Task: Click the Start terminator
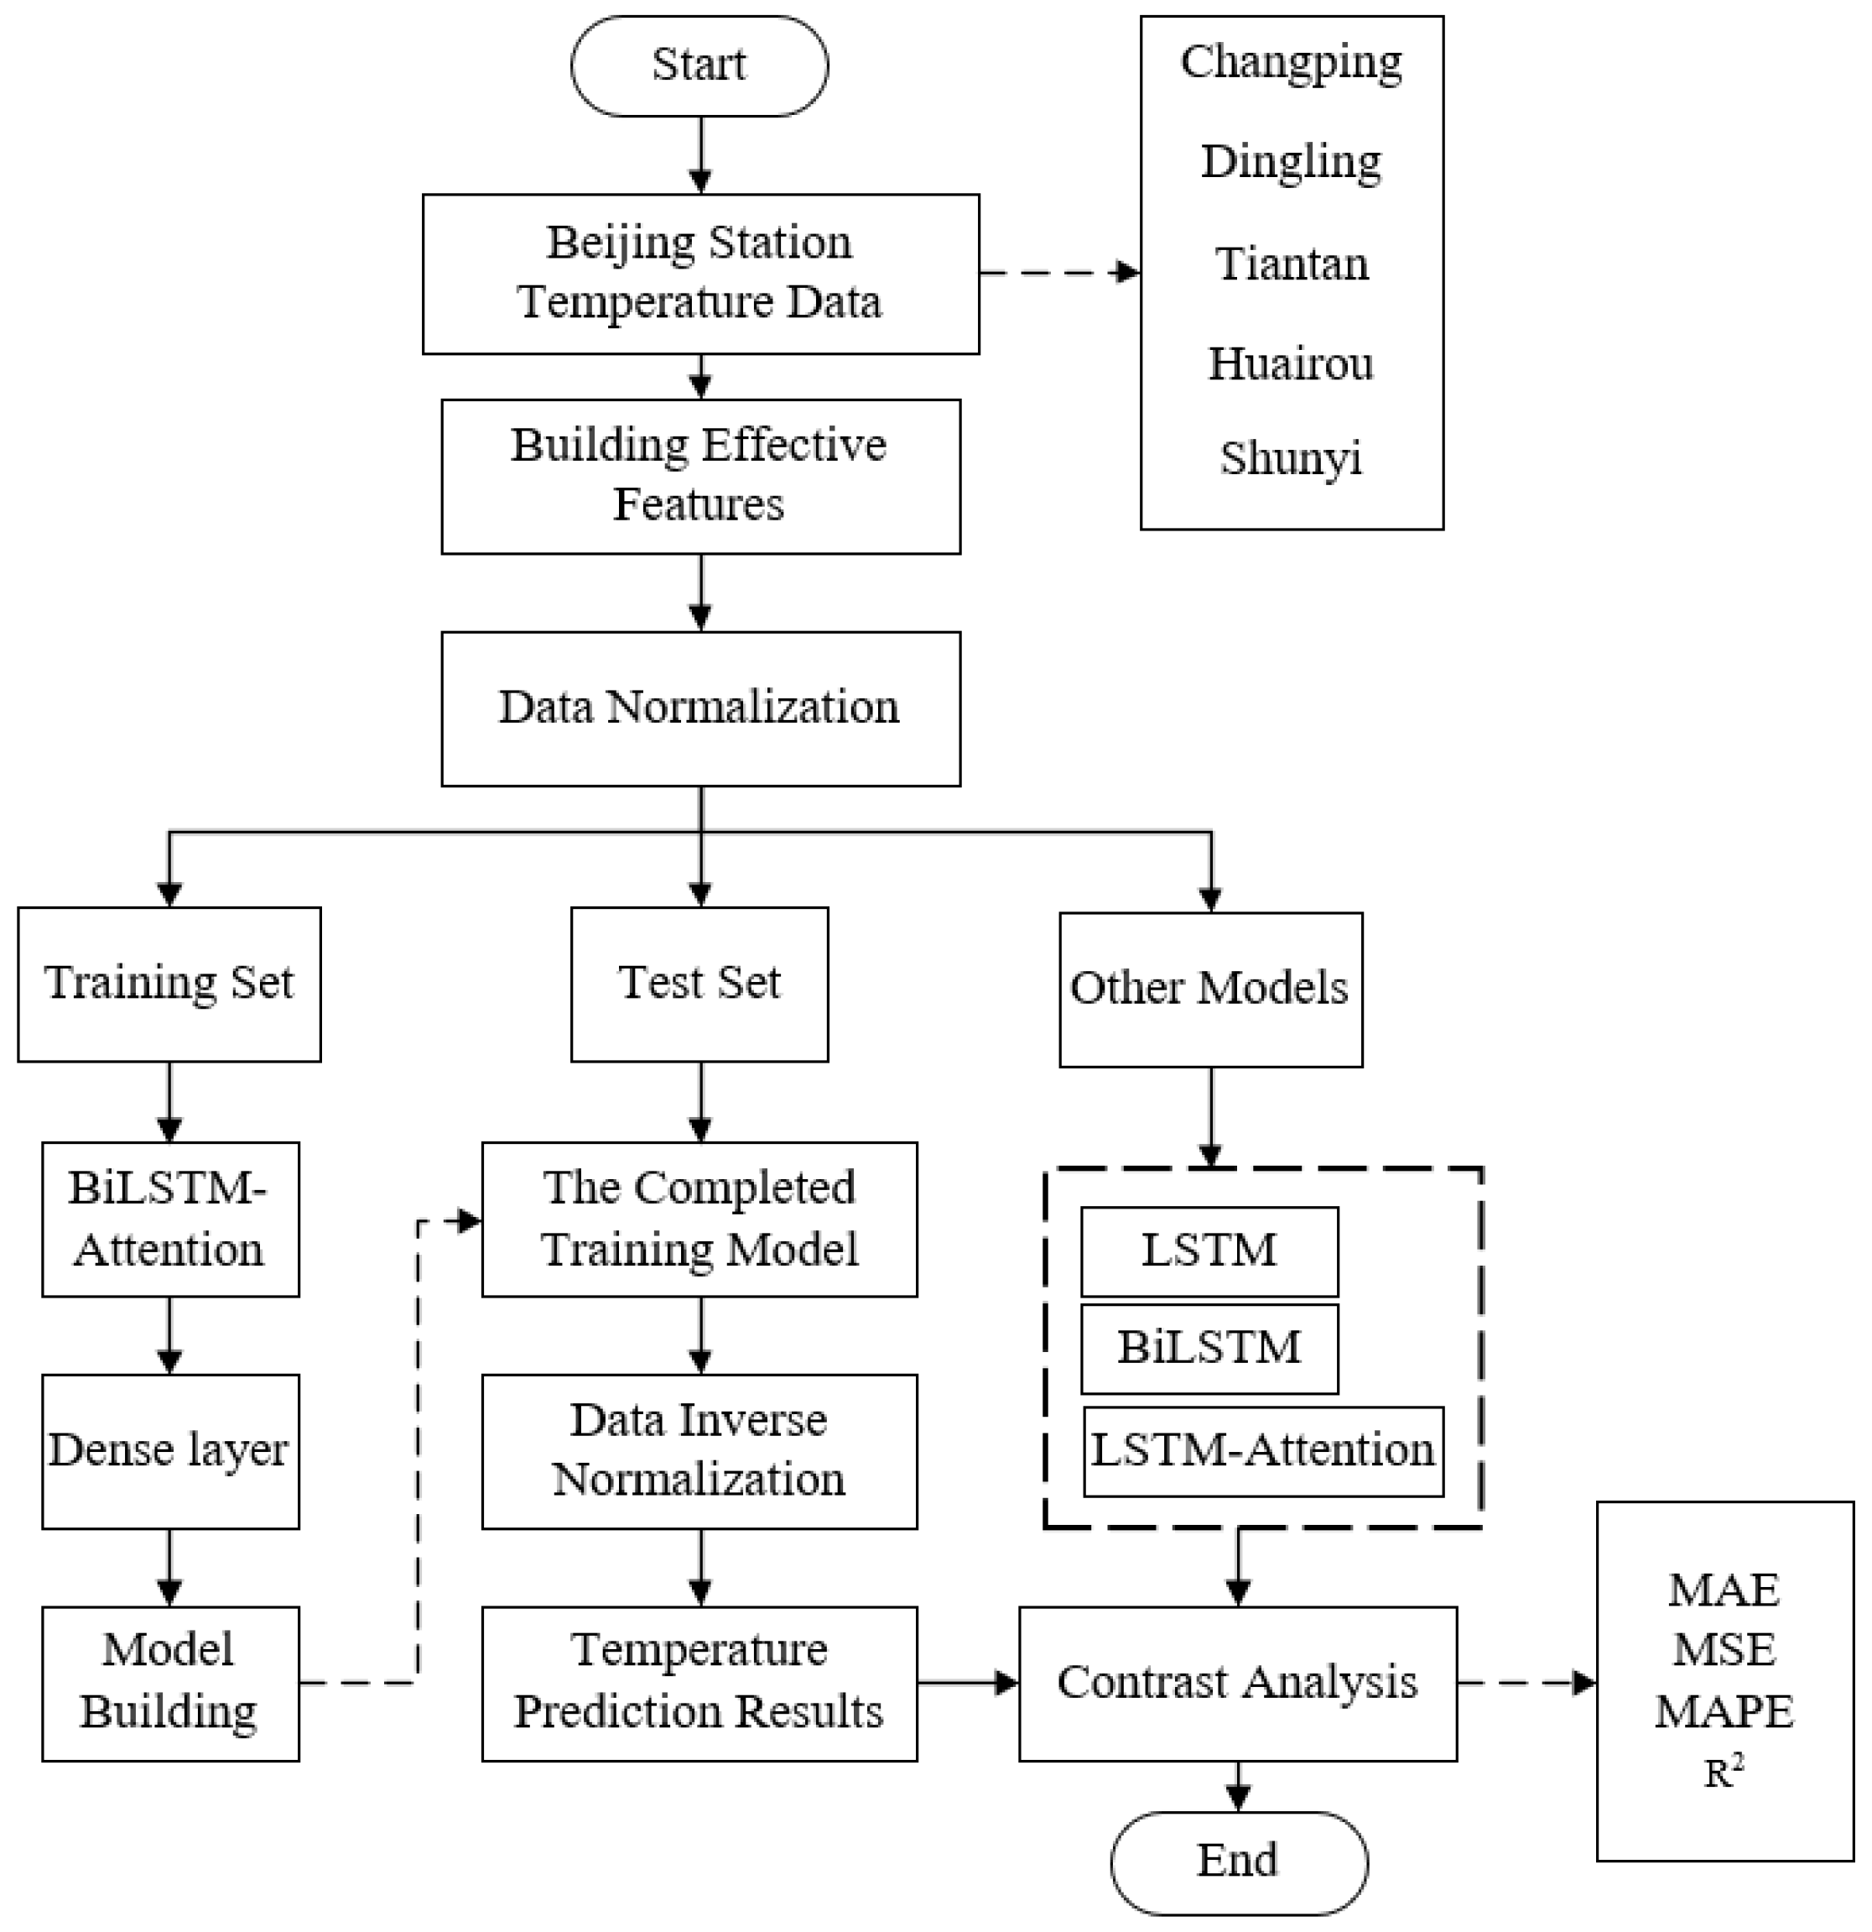coord(699,66)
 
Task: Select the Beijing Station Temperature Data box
coord(699,273)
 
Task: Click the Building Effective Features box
coord(699,476)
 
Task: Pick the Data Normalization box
coord(699,708)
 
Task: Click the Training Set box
coord(169,984)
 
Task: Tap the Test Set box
coord(699,984)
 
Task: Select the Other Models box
coord(1210,989)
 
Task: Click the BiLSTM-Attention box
coord(169,1219)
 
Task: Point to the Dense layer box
coord(169,1451)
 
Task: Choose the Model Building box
coord(169,1684)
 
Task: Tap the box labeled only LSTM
coord(1209,1251)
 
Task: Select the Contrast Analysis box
coord(1236,1684)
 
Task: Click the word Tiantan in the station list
coord(1292,264)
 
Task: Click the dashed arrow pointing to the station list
coord(1059,273)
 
